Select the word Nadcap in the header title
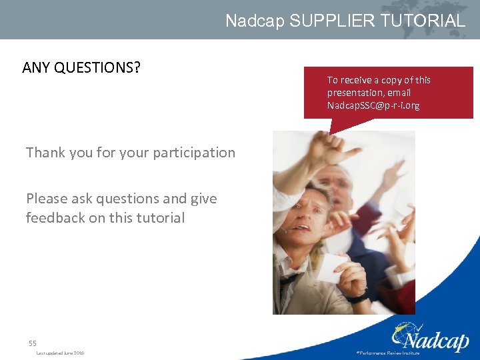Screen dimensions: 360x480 coord(255,21)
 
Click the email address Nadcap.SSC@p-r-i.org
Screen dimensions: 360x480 coord(373,105)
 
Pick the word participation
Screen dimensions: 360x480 coord(194,153)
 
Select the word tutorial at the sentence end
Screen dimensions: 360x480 coord(161,218)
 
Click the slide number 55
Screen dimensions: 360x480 coord(32,343)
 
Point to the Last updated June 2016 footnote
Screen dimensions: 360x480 coord(60,353)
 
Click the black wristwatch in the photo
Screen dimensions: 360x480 coord(358,297)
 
